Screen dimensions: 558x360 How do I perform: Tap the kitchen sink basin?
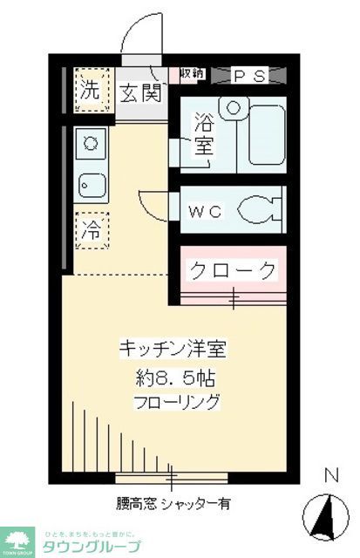pos(91,184)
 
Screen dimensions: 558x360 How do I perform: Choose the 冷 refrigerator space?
pos(91,230)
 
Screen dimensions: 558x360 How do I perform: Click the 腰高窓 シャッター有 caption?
pos(175,504)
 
